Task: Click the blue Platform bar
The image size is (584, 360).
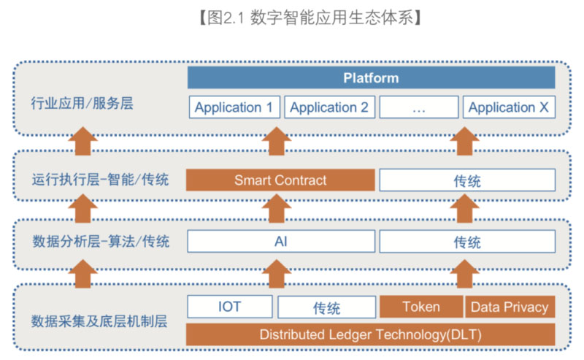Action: pyautogui.click(x=371, y=77)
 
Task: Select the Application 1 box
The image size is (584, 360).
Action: pyautogui.click(x=234, y=107)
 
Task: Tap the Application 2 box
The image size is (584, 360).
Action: pyautogui.click(x=329, y=107)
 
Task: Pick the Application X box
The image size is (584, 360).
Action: pyautogui.click(x=509, y=107)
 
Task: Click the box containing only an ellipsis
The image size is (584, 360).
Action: pyautogui.click(x=419, y=107)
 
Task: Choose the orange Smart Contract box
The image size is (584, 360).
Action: pyautogui.click(x=280, y=180)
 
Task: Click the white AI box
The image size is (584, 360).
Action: pyautogui.click(x=280, y=241)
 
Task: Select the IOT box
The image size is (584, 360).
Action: pyautogui.click(x=230, y=307)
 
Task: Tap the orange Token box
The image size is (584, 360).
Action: pyautogui.click(x=420, y=307)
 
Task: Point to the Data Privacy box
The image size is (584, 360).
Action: pyautogui.click(x=510, y=307)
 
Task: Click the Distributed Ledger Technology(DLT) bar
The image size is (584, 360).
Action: pyautogui.click(x=371, y=334)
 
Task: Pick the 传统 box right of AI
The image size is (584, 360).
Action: pyautogui.click(x=467, y=242)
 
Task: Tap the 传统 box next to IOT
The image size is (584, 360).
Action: pyautogui.click(x=326, y=307)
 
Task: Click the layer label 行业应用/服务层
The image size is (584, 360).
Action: pyautogui.click(x=82, y=104)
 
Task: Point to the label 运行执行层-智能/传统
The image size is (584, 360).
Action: pyautogui.click(x=100, y=179)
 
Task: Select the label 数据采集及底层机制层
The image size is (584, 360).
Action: pyautogui.click(x=100, y=320)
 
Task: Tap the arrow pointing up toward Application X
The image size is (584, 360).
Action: pyautogui.click(x=464, y=142)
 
